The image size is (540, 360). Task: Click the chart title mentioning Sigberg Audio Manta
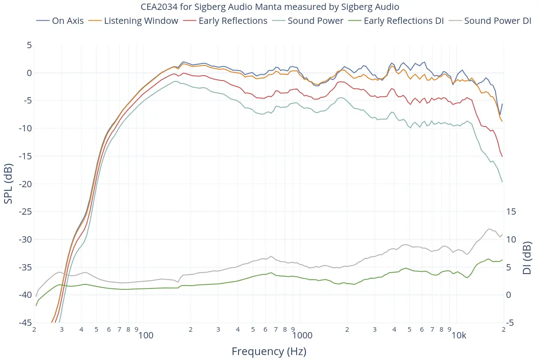[270, 7]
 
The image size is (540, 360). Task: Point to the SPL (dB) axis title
[9, 184]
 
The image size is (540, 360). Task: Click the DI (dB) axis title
[527, 257]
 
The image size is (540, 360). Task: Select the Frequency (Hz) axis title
[269, 351]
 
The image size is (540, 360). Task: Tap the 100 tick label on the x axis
[146, 336]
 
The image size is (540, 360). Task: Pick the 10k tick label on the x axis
[459, 336]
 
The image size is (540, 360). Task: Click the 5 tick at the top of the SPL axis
[29, 45]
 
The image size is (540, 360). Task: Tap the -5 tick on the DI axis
[510, 323]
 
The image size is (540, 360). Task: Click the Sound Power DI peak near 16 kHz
[489, 229]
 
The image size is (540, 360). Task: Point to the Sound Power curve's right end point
[502, 182]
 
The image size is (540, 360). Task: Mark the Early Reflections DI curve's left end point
[36, 306]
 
